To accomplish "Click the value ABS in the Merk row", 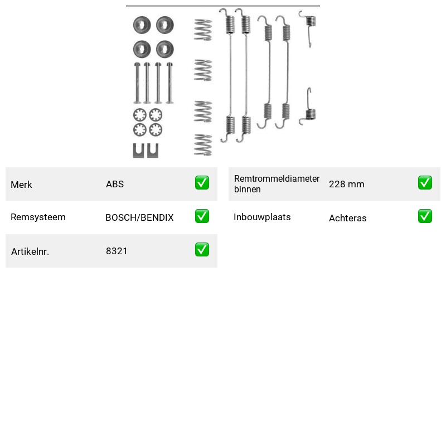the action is (x=115, y=184).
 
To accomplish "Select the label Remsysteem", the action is (x=38, y=217).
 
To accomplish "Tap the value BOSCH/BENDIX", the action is (x=139, y=217).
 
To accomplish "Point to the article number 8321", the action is (x=117, y=251).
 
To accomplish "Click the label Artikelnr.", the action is (x=30, y=251).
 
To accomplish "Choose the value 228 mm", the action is (x=346, y=184).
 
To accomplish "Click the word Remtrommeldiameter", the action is (x=277, y=178).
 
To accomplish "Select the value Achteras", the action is (x=347, y=218).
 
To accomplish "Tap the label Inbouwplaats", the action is (x=262, y=217).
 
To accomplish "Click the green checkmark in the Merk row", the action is (x=202, y=183).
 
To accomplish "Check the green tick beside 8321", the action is (x=202, y=249).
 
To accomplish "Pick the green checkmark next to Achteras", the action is (x=425, y=216).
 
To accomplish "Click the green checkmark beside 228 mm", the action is (x=425, y=183).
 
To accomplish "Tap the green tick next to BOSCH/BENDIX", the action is (x=202, y=216).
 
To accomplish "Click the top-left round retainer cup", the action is (x=142, y=25).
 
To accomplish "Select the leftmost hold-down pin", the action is (x=137, y=83).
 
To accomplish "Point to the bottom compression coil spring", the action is (x=203, y=145).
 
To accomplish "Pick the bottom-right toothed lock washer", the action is (x=156, y=130).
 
